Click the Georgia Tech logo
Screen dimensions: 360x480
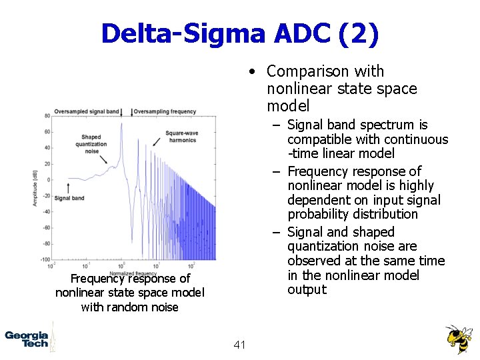[27, 339]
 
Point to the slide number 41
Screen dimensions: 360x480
[240, 345]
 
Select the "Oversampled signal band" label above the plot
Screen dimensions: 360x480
[87, 111]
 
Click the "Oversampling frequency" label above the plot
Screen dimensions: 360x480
[165, 111]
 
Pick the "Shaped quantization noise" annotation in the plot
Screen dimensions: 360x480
[91, 144]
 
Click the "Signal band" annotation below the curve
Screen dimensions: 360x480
[69, 198]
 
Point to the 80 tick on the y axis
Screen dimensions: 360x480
[47, 116]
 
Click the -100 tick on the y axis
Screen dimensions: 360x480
[46, 259]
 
